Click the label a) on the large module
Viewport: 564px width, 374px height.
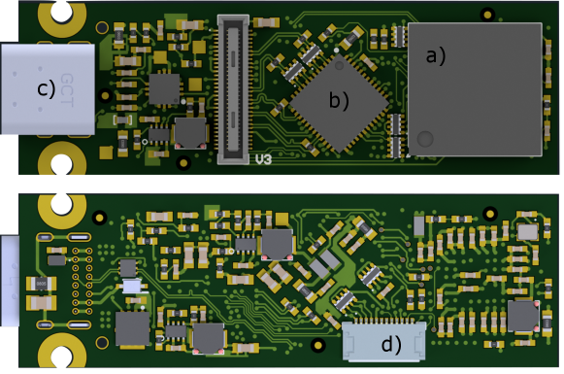tap(435, 56)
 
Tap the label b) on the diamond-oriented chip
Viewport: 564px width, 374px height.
tap(339, 100)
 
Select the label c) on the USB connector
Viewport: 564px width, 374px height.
tap(47, 88)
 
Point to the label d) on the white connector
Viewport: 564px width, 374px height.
tap(391, 344)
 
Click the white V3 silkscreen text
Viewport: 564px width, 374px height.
tap(264, 159)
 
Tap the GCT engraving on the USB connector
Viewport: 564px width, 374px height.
tap(67, 90)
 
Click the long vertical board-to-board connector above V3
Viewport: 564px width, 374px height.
tap(233, 89)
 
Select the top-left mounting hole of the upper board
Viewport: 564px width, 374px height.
tap(61, 11)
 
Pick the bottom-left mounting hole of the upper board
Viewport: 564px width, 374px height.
tap(61, 164)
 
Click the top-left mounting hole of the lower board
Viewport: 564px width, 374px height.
tap(61, 204)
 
